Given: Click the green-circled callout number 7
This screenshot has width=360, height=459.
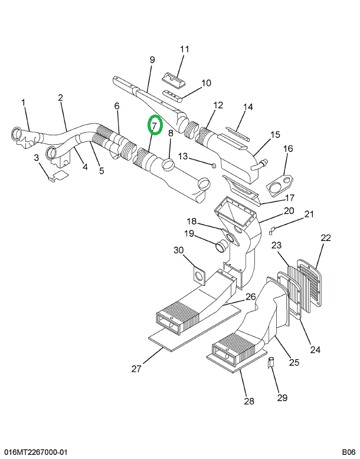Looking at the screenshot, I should coord(154,126).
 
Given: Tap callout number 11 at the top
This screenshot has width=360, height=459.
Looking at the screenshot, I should coord(184,49).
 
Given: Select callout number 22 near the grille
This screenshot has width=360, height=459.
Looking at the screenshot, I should coord(326,238).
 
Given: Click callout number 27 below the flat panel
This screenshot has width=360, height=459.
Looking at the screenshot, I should coord(136,369).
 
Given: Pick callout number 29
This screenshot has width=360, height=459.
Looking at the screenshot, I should coord(283,398).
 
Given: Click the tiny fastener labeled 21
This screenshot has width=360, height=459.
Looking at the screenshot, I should coord(273,230).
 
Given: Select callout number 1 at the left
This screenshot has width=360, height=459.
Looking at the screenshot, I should coord(24,103).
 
